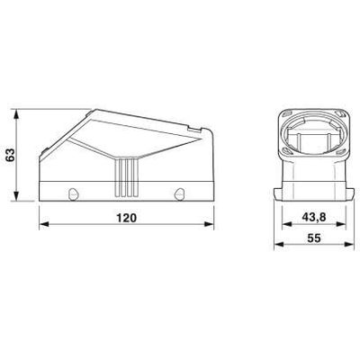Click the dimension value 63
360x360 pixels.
[11, 155]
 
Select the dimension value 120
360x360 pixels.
[126, 218]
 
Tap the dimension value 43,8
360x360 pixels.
[314, 217]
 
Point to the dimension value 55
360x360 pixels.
[314, 238]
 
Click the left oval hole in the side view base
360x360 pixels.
[73, 193]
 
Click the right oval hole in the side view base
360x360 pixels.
[179, 193]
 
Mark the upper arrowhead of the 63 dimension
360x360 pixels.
[17, 114]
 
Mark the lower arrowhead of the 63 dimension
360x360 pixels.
[17, 196]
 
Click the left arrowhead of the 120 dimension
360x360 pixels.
[44, 224]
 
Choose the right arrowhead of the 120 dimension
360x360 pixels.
[209, 224]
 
